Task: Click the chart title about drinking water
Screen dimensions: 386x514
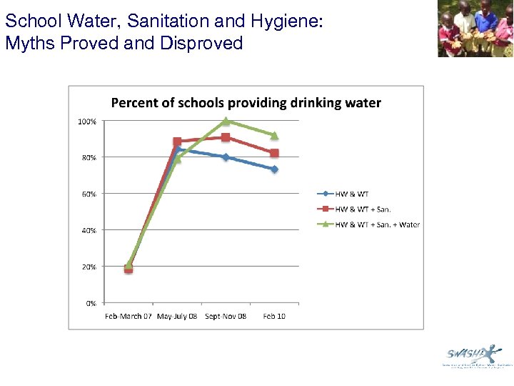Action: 246,103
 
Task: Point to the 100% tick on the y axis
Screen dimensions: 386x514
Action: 86,122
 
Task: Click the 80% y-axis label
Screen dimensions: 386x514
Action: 88,158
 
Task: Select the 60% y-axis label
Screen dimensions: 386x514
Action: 88,194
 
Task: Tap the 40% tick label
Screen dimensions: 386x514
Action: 88,230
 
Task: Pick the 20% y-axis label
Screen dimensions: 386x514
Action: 88,267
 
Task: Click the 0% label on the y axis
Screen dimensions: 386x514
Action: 90,303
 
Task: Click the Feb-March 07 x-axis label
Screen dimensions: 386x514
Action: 128,316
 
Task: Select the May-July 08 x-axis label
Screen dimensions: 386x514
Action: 177,316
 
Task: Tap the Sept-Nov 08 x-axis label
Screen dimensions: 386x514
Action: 226,316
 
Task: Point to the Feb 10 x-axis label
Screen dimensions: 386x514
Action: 274,316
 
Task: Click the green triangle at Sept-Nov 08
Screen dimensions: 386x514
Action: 226,121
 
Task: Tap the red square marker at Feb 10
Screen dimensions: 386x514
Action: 274,153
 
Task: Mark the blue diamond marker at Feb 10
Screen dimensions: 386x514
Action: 274,169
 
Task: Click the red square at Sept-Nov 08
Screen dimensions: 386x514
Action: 226,137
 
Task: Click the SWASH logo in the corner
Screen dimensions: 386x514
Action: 471,355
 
